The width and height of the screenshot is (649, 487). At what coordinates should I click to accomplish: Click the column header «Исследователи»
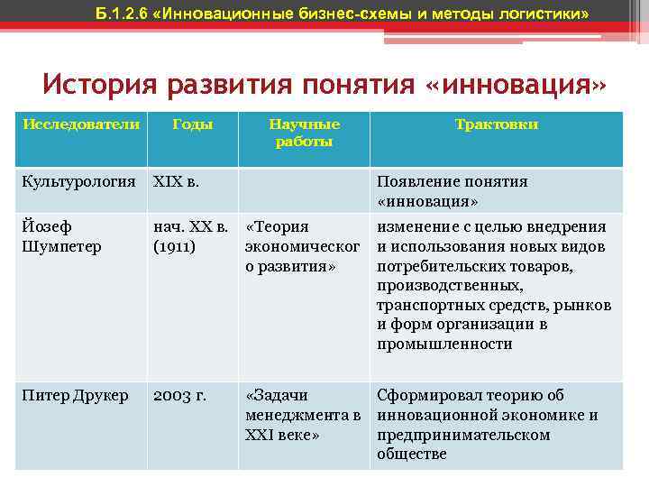click(x=81, y=124)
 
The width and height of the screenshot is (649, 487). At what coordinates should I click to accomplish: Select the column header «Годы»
click(x=193, y=124)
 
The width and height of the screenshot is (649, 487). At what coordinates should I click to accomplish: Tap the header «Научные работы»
click(x=304, y=133)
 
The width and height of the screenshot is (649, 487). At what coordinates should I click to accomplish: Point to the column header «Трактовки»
click(x=497, y=124)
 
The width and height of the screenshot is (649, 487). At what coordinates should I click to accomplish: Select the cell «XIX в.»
click(x=177, y=181)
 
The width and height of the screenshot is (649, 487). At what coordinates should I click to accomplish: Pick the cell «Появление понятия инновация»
click(x=452, y=190)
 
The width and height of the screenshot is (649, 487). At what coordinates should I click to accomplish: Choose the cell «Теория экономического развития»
click(x=297, y=246)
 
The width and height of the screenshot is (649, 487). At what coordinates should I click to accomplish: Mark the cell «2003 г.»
click(x=181, y=395)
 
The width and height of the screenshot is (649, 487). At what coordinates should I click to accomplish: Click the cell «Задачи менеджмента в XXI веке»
click(x=302, y=415)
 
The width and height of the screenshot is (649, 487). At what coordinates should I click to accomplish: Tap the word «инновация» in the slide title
click(x=515, y=86)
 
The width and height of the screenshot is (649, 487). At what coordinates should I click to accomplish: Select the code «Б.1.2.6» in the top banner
click(x=125, y=14)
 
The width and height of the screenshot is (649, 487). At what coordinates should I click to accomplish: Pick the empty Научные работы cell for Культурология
click(x=304, y=190)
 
